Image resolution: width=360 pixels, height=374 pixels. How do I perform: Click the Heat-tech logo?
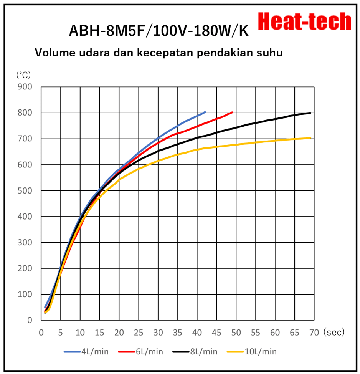pyautogui.click(x=304, y=22)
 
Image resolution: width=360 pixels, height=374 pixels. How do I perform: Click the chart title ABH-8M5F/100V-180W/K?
pyautogui.click(x=159, y=31)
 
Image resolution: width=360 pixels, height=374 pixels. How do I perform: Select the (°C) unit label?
pyautogui.click(x=23, y=74)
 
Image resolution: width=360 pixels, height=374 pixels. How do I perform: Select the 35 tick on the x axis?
pyautogui.click(x=178, y=333)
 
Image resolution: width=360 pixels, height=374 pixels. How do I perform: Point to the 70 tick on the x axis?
pyautogui.click(x=314, y=333)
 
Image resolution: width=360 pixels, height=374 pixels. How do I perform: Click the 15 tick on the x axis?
pyautogui.click(x=100, y=333)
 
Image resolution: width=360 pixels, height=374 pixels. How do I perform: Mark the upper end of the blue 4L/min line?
pyautogui.click(x=205, y=112)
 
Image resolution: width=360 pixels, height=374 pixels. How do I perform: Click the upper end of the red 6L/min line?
pyautogui.click(x=232, y=112)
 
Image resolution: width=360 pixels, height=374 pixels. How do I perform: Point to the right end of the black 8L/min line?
pyautogui.click(x=310, y=113)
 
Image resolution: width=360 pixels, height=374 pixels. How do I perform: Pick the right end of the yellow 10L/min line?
pyautogui.click(x=310, y=138)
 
